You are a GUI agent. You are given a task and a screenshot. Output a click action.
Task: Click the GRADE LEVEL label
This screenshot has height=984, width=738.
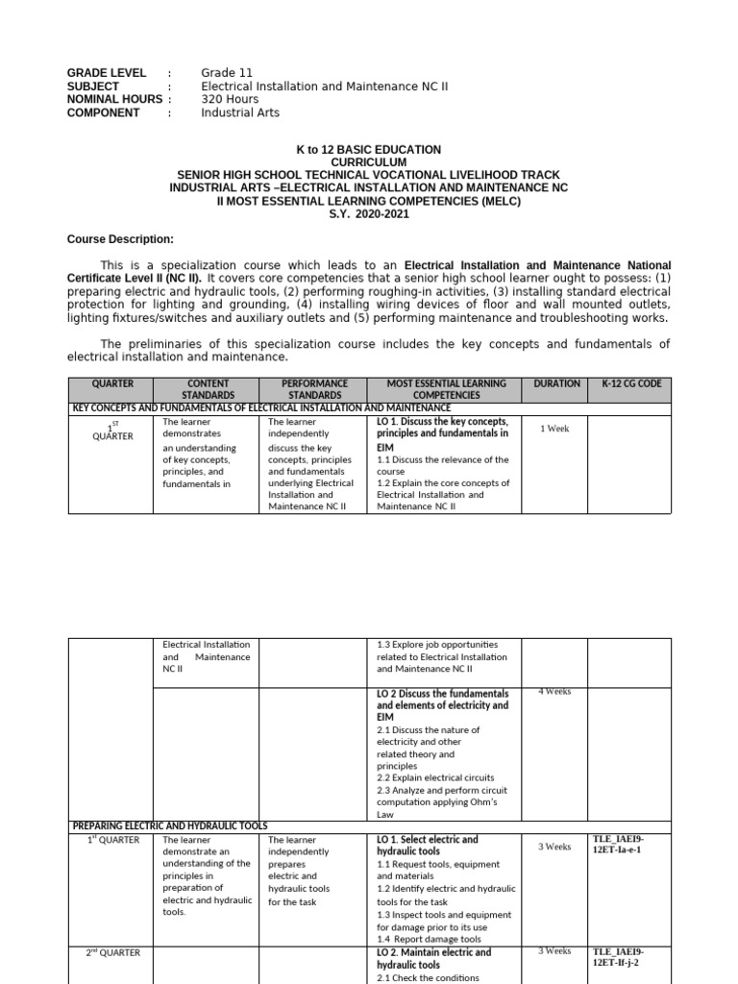coord(106,72)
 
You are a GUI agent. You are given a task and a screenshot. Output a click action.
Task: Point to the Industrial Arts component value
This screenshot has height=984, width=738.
coord(240,112)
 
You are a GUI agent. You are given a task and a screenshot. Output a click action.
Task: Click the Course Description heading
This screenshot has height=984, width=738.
coord(120,238)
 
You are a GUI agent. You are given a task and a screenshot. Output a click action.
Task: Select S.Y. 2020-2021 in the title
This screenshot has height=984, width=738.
coord(368,216)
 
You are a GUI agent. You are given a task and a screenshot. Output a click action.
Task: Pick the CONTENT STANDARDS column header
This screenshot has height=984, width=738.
coord(209,389)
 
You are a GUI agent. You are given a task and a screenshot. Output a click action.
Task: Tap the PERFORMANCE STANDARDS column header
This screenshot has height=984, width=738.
coord(313,389)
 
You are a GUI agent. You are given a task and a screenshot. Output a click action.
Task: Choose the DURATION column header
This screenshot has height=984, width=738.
coord(556,383)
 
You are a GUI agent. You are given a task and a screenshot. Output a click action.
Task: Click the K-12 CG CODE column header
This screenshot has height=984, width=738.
coord(630,383)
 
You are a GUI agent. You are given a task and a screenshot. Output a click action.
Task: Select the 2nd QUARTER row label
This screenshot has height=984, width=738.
coord(113,952)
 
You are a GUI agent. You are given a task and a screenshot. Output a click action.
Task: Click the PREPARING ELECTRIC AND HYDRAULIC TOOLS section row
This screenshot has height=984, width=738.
coord(171,825)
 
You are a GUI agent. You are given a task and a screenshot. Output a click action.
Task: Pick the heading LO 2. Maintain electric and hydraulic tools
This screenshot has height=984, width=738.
coord(433,958)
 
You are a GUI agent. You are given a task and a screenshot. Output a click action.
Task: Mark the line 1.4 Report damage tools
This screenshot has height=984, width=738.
coord(430,939)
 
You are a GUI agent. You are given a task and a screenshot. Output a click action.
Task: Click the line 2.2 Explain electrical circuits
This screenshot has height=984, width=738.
coord(435,777)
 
